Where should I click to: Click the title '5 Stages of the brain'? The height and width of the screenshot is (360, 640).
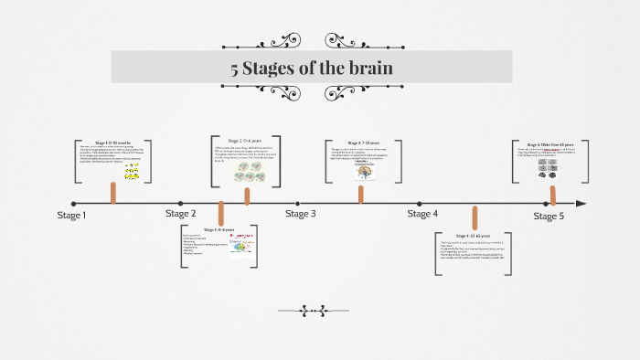coord(312,68)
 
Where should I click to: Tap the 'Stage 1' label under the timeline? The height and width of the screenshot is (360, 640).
coord(72,217)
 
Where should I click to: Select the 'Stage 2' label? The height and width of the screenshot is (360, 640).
coord(180,214)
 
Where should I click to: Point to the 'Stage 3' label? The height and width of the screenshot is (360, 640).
coord(300,214)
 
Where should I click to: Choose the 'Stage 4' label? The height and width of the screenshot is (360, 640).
coord(422,214)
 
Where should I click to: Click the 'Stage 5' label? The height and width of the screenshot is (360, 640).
coord(549,217)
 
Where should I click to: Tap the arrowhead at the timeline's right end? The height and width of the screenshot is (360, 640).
coord(581,203)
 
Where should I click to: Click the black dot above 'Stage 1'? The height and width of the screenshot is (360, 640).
coord(74,203)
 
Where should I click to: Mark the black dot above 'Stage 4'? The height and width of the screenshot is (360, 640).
coord(420,203)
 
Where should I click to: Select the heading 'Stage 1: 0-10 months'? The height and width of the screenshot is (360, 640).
coord(112,143)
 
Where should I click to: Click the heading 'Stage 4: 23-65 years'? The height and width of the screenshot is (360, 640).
coord(473,236)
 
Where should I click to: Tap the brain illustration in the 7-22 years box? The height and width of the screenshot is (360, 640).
coord(363,173)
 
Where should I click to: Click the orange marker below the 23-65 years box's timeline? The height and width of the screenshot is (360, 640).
coord(475,217)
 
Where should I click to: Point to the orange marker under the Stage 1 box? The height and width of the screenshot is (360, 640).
coord(113,193)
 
